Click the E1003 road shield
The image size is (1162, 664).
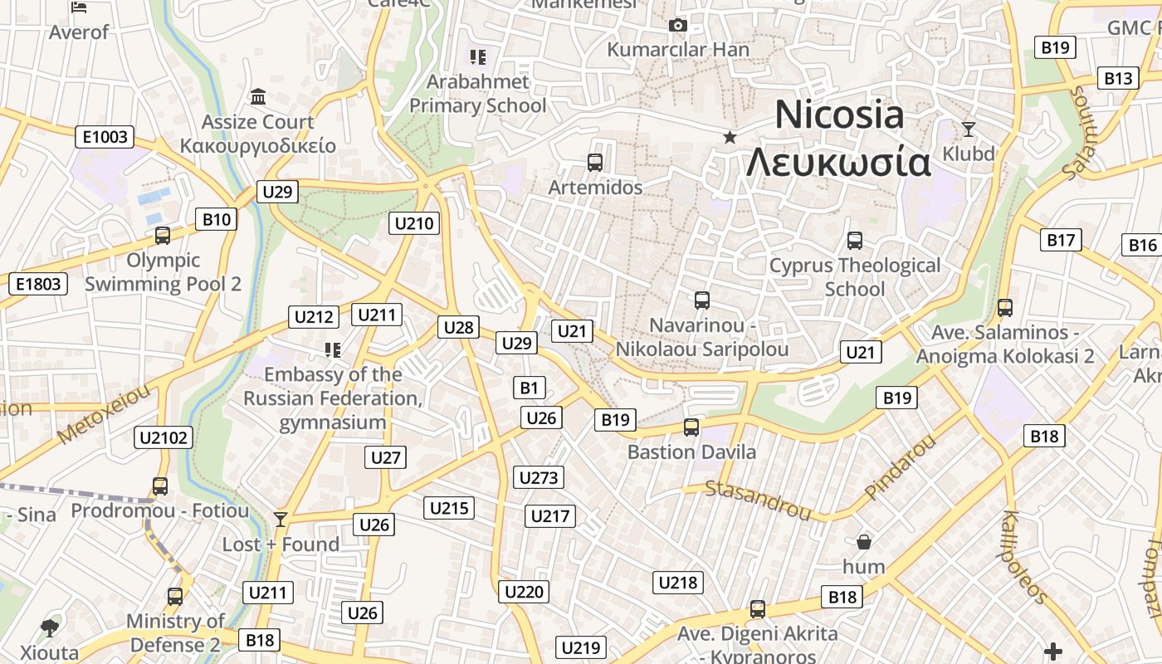tap(105, 137)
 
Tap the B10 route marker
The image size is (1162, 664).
tap(216, 220)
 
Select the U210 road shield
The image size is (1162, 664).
tap(414, 222)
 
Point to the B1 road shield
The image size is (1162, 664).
tap(530, 387)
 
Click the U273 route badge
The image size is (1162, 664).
tap(539, 477)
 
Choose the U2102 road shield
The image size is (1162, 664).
tap(164, 437)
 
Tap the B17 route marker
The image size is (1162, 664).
tap(1061, 241)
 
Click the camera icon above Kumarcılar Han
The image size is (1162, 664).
tap(678, 26)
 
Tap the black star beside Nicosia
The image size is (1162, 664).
tap(730, 137)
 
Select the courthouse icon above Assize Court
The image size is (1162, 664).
tap(258, 97)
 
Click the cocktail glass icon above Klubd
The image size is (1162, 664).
tap(968, 129)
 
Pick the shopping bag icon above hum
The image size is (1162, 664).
tap(864, 542)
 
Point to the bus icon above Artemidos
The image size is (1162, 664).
tap(594, 163)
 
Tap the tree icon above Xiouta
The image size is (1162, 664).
tap(50, 627)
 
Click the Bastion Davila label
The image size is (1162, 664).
tap(691, 452)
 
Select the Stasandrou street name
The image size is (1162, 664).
tap(758, 499)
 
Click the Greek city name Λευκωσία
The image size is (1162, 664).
tap(838, 163)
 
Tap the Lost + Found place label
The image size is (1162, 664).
tap(281, 544)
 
